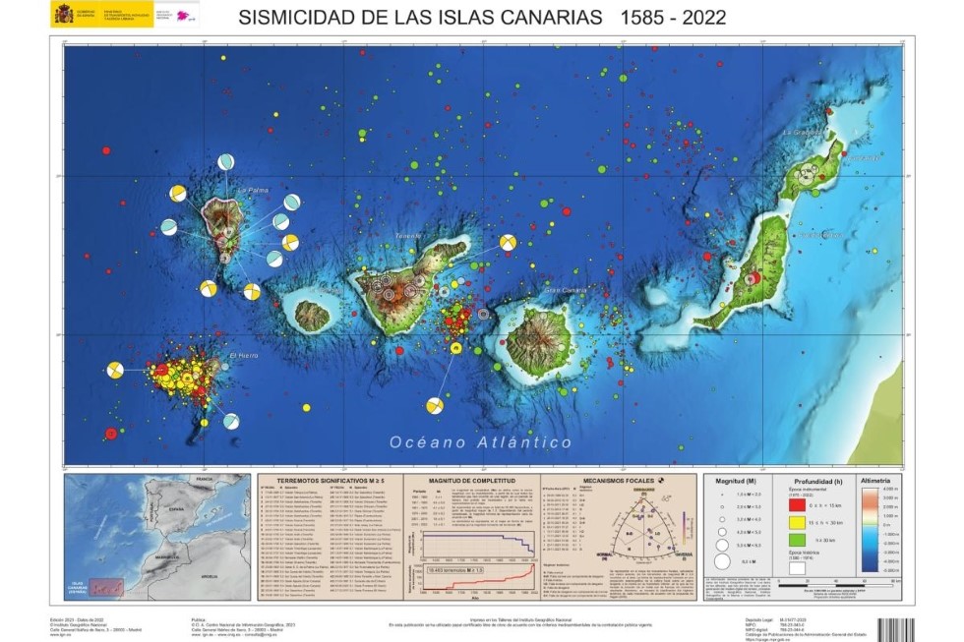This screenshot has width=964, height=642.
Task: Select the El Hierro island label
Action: pos(243,355)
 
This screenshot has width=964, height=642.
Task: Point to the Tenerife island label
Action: pos(408,236)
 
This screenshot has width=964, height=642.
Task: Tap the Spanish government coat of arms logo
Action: pos(63,14)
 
